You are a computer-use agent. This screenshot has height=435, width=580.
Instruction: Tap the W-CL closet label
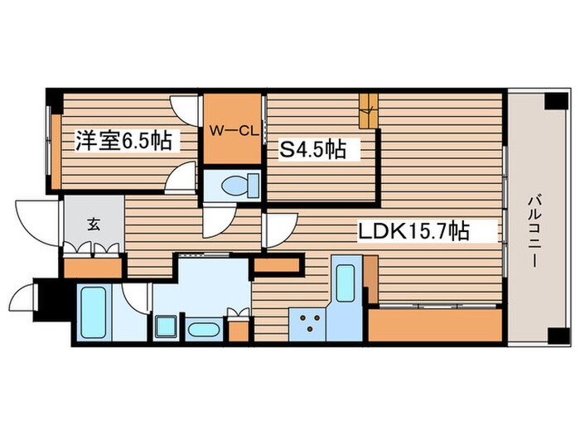coord(232,129)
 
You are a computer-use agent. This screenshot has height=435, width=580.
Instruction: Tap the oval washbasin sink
coord(202,330)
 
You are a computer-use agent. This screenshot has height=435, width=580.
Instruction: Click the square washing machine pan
coord(165,326)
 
